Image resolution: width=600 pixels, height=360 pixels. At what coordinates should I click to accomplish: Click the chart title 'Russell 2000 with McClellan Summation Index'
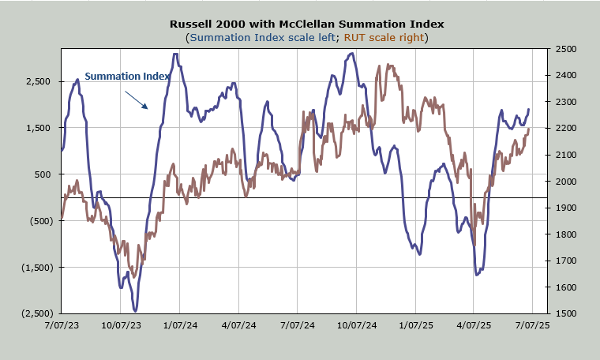(306, 24)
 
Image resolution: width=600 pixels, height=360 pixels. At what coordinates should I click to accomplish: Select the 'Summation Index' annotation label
(127, 76)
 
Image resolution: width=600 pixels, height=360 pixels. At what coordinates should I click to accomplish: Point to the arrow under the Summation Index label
(136, 98)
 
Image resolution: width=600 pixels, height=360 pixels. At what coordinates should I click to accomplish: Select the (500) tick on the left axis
(38, 221)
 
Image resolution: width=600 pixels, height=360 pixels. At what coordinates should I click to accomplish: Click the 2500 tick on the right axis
(566, 49)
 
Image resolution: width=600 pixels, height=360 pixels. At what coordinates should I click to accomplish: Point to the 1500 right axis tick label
(566, 313)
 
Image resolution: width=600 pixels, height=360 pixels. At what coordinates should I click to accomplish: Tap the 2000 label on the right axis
(566, 182)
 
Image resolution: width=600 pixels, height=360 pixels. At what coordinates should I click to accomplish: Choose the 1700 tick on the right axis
(566, 261)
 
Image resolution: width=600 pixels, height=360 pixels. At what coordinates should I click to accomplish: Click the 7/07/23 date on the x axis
(62, 324)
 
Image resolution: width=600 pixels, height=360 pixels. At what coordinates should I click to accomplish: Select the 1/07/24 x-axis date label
(179, 324)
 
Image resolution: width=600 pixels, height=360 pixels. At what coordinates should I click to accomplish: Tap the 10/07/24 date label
(356, 324)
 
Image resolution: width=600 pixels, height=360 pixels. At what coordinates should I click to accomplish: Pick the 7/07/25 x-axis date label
(532, 324)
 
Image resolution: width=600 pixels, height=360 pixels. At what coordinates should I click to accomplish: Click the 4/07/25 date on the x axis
(474, 324)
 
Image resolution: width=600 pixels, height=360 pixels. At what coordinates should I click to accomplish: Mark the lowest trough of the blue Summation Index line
(135, 311)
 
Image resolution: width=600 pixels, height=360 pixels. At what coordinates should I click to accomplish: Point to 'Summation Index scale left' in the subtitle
(260, 37)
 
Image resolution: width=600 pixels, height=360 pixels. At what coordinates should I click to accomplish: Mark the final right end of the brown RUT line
(529, 128)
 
